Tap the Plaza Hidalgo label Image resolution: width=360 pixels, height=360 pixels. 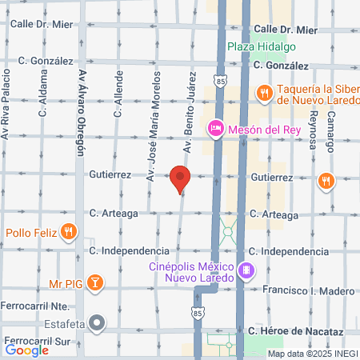[x=256, y=47]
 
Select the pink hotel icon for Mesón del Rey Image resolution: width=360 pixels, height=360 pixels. [x=215, y=128]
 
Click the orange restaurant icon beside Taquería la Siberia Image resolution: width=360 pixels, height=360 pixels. [x=263, y=94]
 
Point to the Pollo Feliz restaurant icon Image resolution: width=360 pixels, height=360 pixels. [x=70, y=233]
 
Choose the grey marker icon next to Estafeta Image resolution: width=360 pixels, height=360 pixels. [x=97, y=323]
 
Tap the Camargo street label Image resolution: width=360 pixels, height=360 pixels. [x=330, y=131]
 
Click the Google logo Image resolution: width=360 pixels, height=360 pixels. [x=27, y=350]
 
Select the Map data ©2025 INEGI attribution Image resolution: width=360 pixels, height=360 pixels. [x=312, y=354]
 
